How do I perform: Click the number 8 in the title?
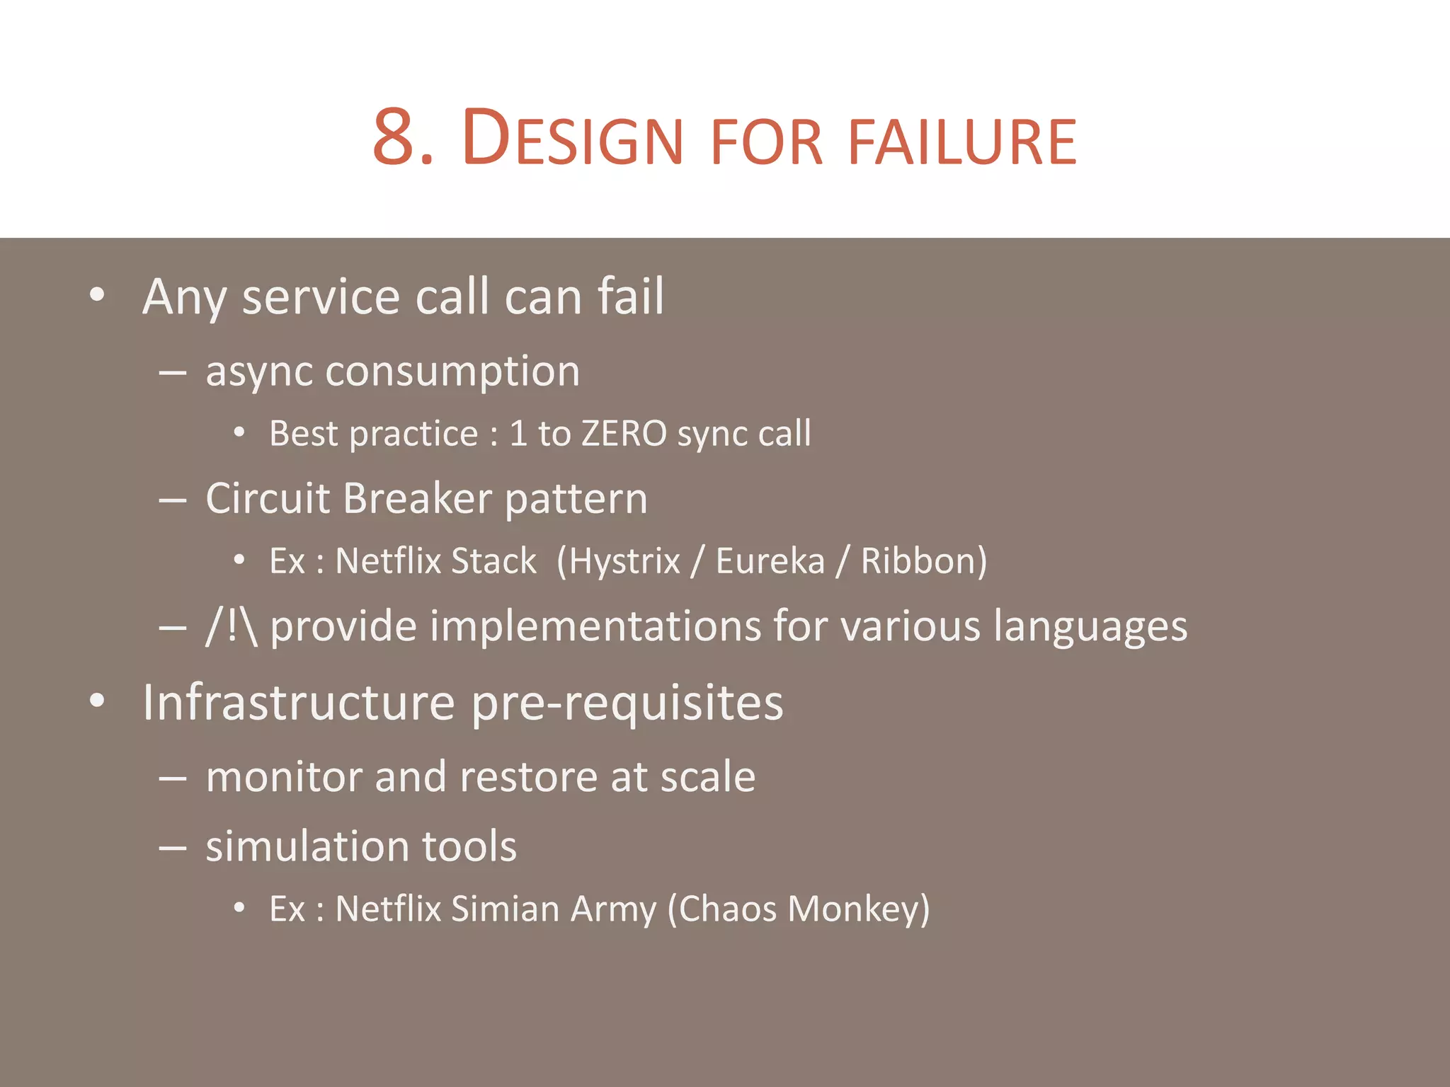coord(394,138)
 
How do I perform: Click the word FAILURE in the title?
coord(962,143)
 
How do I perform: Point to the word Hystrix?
coord(624,561)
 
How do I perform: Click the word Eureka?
coord(770,561)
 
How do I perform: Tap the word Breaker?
coord(417,498)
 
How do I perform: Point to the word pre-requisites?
coord(627,703)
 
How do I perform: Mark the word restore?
coord(527,777)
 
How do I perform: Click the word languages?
coord(1090,628)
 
